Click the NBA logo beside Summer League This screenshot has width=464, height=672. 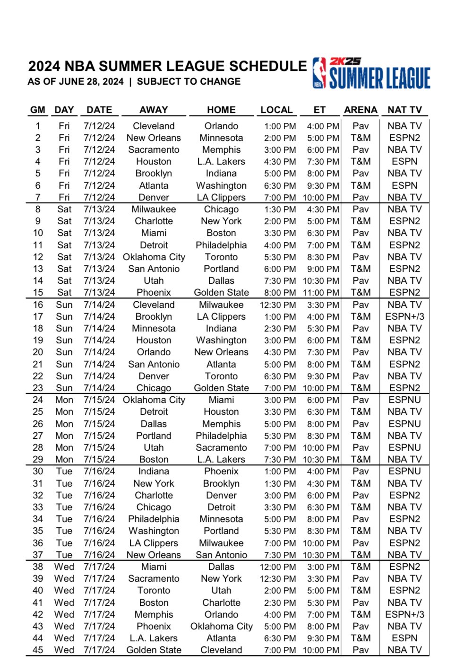(319, 73)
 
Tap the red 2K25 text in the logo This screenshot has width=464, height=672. (345, 61)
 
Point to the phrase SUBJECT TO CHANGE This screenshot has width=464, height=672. (189, 81)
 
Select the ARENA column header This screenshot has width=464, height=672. (361, 110)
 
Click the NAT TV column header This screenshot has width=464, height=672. (404, 110)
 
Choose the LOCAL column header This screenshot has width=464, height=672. (276, 110)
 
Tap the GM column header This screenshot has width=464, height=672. (38, 110)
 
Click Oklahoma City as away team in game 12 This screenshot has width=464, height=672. (154, 257)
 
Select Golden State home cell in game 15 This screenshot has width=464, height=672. (221, 292)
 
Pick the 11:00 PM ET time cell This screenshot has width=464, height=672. (321, 292)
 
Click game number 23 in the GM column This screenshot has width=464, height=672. (38, 388)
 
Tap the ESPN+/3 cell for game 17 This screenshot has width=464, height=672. (404, 316)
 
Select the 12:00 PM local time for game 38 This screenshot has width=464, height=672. (278, 567)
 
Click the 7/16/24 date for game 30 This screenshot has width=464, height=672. (99, 471)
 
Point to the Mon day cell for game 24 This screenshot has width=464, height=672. (64, 400)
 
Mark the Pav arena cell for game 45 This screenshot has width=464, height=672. (361, 650)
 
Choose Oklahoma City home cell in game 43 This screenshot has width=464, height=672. (221, 626)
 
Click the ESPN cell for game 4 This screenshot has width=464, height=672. (404, 161)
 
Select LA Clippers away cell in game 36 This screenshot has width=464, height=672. (154, 543)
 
